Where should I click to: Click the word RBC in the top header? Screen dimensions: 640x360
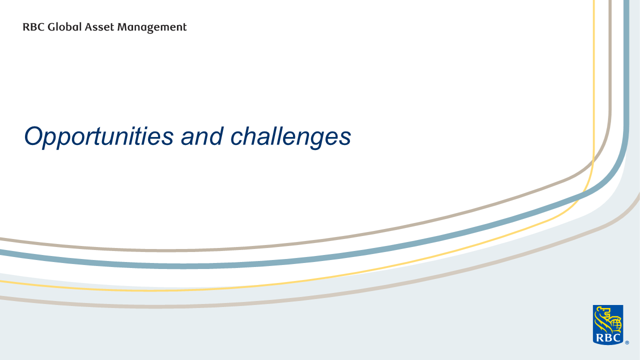pyautogui.click(x=33, y=27)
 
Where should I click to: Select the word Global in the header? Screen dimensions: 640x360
pyautogui.click(x=64, y=27)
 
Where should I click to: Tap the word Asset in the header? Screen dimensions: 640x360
pyautogui.click(x=99, y=27)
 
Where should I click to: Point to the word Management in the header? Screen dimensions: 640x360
pyautogui.click(x=152, y=28)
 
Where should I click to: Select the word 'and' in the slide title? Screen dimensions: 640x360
pyautogui.click(x=202, y=136)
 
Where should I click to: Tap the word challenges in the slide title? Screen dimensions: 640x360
pyautogui.click(x=291, y=137)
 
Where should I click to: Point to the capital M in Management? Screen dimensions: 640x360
pyautogui.click(x=123, y=27)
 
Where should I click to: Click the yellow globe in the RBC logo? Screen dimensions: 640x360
pyautogui.click(x=615, y=325)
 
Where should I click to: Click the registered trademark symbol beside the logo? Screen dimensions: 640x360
pyautogui.click(x=627, y=342)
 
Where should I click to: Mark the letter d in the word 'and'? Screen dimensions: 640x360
pyautogui.click(x=215, y=136)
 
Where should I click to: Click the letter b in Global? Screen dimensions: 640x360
pyautogui.click(x=70, y=27)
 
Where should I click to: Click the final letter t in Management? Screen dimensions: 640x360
pyautogui.click(x=184, y=27)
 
